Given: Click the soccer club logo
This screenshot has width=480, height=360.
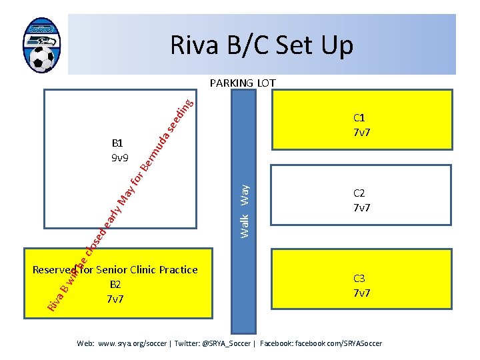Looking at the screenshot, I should point(41,45).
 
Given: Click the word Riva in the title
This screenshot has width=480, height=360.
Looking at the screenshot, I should point(194,45).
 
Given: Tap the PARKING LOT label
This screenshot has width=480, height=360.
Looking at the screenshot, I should point(242,83).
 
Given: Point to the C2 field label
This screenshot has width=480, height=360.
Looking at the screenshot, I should point(360,193).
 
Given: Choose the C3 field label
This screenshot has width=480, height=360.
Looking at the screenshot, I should point(360,279).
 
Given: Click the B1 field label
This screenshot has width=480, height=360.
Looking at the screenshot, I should point(117,143).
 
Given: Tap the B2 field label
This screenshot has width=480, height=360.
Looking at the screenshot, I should point(115,285).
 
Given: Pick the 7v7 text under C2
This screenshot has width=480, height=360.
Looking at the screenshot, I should point(362,208).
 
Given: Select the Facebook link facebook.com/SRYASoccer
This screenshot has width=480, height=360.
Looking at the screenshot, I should point(339,343).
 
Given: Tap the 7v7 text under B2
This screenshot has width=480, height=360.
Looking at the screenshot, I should point(115,299).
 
